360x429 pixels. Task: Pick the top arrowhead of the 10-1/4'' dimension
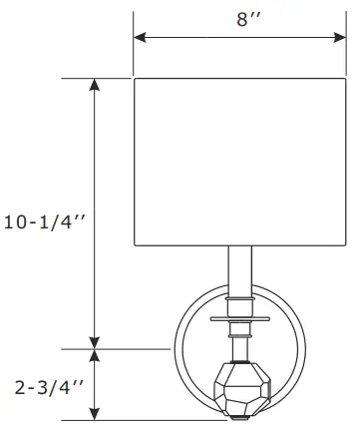[x=96, y=85]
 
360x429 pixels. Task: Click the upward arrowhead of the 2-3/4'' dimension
[x=96, y=356]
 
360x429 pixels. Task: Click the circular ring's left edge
[x=176, y=353]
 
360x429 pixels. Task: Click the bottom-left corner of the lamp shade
[x=136, y=244]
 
